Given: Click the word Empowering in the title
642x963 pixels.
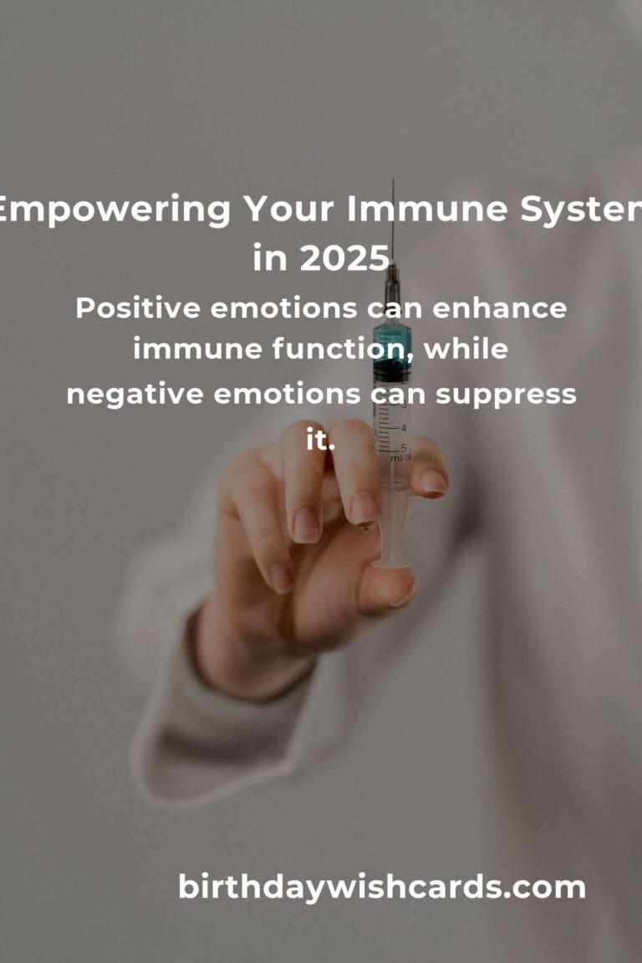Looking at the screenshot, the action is click(114, 210).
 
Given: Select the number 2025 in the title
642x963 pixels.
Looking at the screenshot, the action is click(344, 258).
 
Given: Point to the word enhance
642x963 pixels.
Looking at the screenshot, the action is click(499, 308).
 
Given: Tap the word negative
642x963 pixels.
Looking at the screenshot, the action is click(135, 395).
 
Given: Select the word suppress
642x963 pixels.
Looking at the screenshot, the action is click(506, 395).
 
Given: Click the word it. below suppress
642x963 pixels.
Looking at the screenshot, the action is click(320, 439).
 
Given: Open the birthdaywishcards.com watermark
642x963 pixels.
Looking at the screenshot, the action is click(381, 888).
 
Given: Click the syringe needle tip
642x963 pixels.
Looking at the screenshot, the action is click(393, 180).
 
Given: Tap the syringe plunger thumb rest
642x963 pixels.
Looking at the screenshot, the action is click(392, 562).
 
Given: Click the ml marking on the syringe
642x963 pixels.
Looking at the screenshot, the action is click(400, 457).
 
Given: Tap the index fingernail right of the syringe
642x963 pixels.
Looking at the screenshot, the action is click(433, 481).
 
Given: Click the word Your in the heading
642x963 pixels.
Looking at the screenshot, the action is click(289, 209).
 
